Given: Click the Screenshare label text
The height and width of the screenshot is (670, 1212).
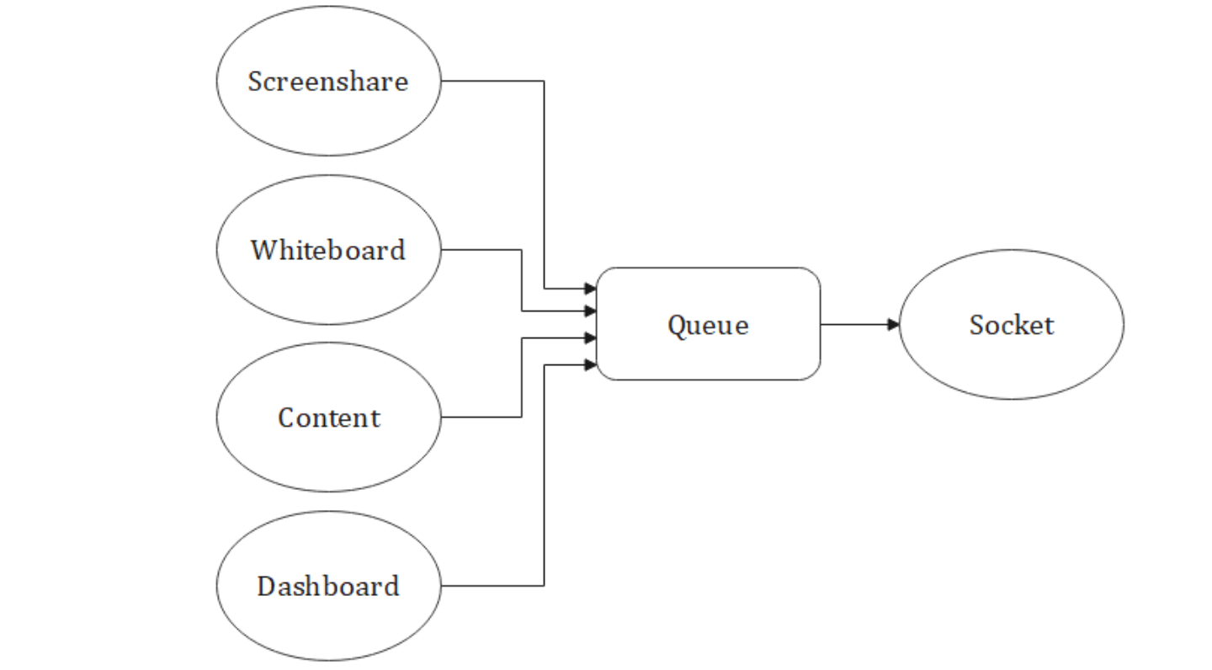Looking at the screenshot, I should (327, 82).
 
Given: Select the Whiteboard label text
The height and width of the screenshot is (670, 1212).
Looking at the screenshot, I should (327, 250).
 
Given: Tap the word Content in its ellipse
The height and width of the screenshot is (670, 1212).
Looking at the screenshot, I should (328, 417).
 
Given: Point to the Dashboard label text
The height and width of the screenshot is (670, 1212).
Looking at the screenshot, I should (327, 586).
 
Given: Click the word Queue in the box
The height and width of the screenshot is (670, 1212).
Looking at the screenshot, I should (707, 325).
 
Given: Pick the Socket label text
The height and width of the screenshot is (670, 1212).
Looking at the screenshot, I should (1011, 325).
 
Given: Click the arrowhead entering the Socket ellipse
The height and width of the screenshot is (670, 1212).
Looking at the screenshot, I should (894, 324).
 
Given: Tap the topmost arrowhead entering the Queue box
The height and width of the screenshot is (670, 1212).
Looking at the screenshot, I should (591, 289).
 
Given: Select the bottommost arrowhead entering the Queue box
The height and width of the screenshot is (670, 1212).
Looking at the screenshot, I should (591, 365).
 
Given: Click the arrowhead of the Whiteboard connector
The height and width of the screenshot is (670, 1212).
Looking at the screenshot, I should (591, 311).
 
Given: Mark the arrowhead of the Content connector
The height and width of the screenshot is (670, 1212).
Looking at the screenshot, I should (591, 338).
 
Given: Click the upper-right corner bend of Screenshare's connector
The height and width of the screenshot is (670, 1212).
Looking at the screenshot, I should (544, 81).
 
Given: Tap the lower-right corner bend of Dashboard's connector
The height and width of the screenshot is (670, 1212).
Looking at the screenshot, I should (544, 585).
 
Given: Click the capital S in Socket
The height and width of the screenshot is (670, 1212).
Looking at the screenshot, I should (976, 325).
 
